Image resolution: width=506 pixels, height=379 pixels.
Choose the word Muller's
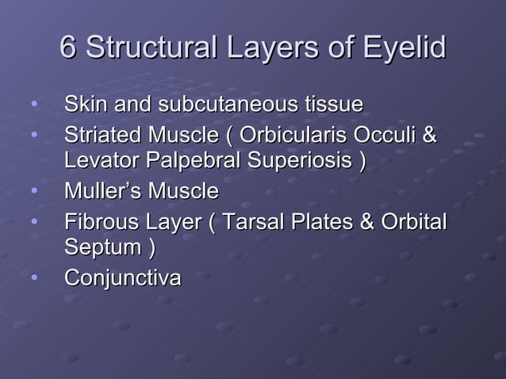pyautogui.click(x=101, y=191)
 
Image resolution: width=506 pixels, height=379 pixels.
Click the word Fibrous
pyautogui.click(x=99, y=220)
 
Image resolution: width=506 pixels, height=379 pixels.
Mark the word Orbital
pyautogui.click(x=413, y=220)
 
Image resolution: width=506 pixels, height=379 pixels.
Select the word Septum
pyautogui.click(x=102, y=249)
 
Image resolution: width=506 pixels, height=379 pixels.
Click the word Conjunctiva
pyautogui.click(x=122, y=278)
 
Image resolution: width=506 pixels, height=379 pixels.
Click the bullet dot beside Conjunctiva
pyautogui.click(x=33, y=278)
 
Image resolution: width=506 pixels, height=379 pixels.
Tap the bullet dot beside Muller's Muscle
pyautogui.click(x=33, y=191)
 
